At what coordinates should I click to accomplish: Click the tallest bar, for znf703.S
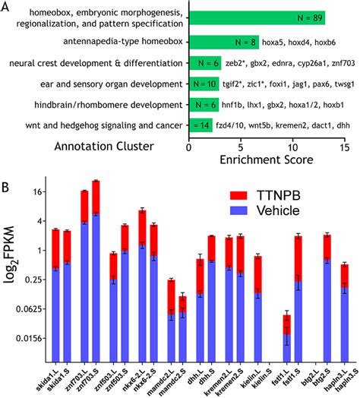[96, 273]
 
